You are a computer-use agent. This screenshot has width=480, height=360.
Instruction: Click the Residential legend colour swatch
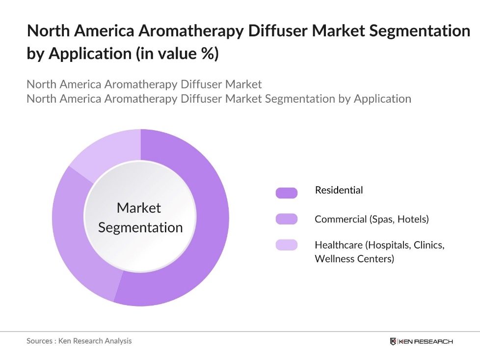(x=287, y=193)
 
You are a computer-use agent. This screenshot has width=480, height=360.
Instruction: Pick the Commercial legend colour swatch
(x=287, y=219)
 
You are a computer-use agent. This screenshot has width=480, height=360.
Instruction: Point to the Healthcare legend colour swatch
(x=287, y=245)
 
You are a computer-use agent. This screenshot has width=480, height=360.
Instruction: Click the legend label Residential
(x=339, y=190)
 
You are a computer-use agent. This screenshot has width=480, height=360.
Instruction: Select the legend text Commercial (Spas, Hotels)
(x=372, y=219)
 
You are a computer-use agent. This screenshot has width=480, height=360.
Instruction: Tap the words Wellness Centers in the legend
(x=354, y=258)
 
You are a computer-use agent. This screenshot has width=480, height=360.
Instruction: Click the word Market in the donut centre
(x=139, y=208)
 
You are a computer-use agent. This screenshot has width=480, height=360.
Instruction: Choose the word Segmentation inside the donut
(x=140, y=227)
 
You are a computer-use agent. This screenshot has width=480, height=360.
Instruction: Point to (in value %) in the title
(x=177, y=54)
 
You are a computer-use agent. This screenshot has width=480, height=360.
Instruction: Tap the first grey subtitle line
(x=144, y=84)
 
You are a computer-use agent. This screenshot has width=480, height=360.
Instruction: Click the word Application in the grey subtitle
(x=382, y=98)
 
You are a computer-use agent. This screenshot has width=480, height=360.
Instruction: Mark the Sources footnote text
(x=79, y=340)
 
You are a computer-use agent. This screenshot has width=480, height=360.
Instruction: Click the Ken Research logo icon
(x=393, y=341)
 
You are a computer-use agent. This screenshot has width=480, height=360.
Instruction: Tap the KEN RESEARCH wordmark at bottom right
(x=426, y=341)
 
